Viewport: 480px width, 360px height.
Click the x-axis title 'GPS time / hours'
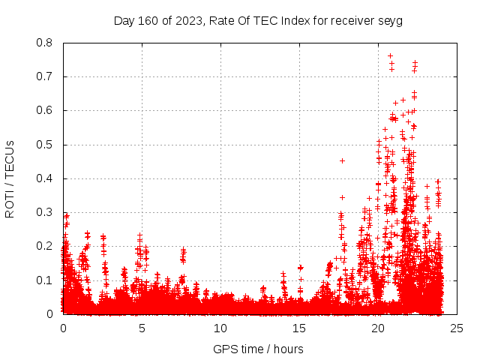click(x=258, y=349)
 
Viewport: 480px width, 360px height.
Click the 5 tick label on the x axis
click(x=142, y=328)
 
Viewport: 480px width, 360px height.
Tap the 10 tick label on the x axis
click(x=220, y=328)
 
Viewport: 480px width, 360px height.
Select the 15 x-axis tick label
click(x=298, y=328)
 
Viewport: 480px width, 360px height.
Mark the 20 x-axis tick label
click(x=377, y=328)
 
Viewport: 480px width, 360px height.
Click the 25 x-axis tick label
click(x=455, y=328)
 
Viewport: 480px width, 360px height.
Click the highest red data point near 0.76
click(x=390, y=55)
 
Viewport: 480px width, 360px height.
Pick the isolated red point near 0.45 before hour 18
click(x=342, y=160)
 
